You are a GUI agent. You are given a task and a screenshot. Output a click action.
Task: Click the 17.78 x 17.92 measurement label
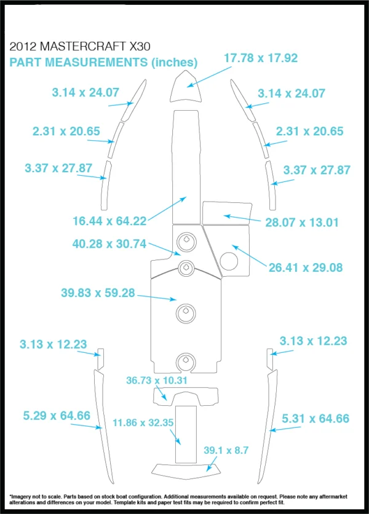(x=261, y=58)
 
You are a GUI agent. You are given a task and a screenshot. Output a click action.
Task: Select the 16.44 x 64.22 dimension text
(x=109, y=221)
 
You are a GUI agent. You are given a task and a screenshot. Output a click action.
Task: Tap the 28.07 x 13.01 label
(x=302, y=222)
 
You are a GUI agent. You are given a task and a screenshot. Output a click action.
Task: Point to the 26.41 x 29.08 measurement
(x=306, y=267)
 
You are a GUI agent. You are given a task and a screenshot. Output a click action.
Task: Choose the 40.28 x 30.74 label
(x=109, y=244)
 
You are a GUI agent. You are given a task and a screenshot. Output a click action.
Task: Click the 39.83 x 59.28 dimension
(x=98, y=293)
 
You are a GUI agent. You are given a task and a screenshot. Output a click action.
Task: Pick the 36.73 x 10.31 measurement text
(x=157, y=380)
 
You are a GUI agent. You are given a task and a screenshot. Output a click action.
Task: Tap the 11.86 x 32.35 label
(x=143, y=422)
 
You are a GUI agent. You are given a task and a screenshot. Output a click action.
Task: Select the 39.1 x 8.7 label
(x=226, y=450)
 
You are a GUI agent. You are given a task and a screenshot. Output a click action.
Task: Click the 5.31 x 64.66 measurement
(x=315, y=418)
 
